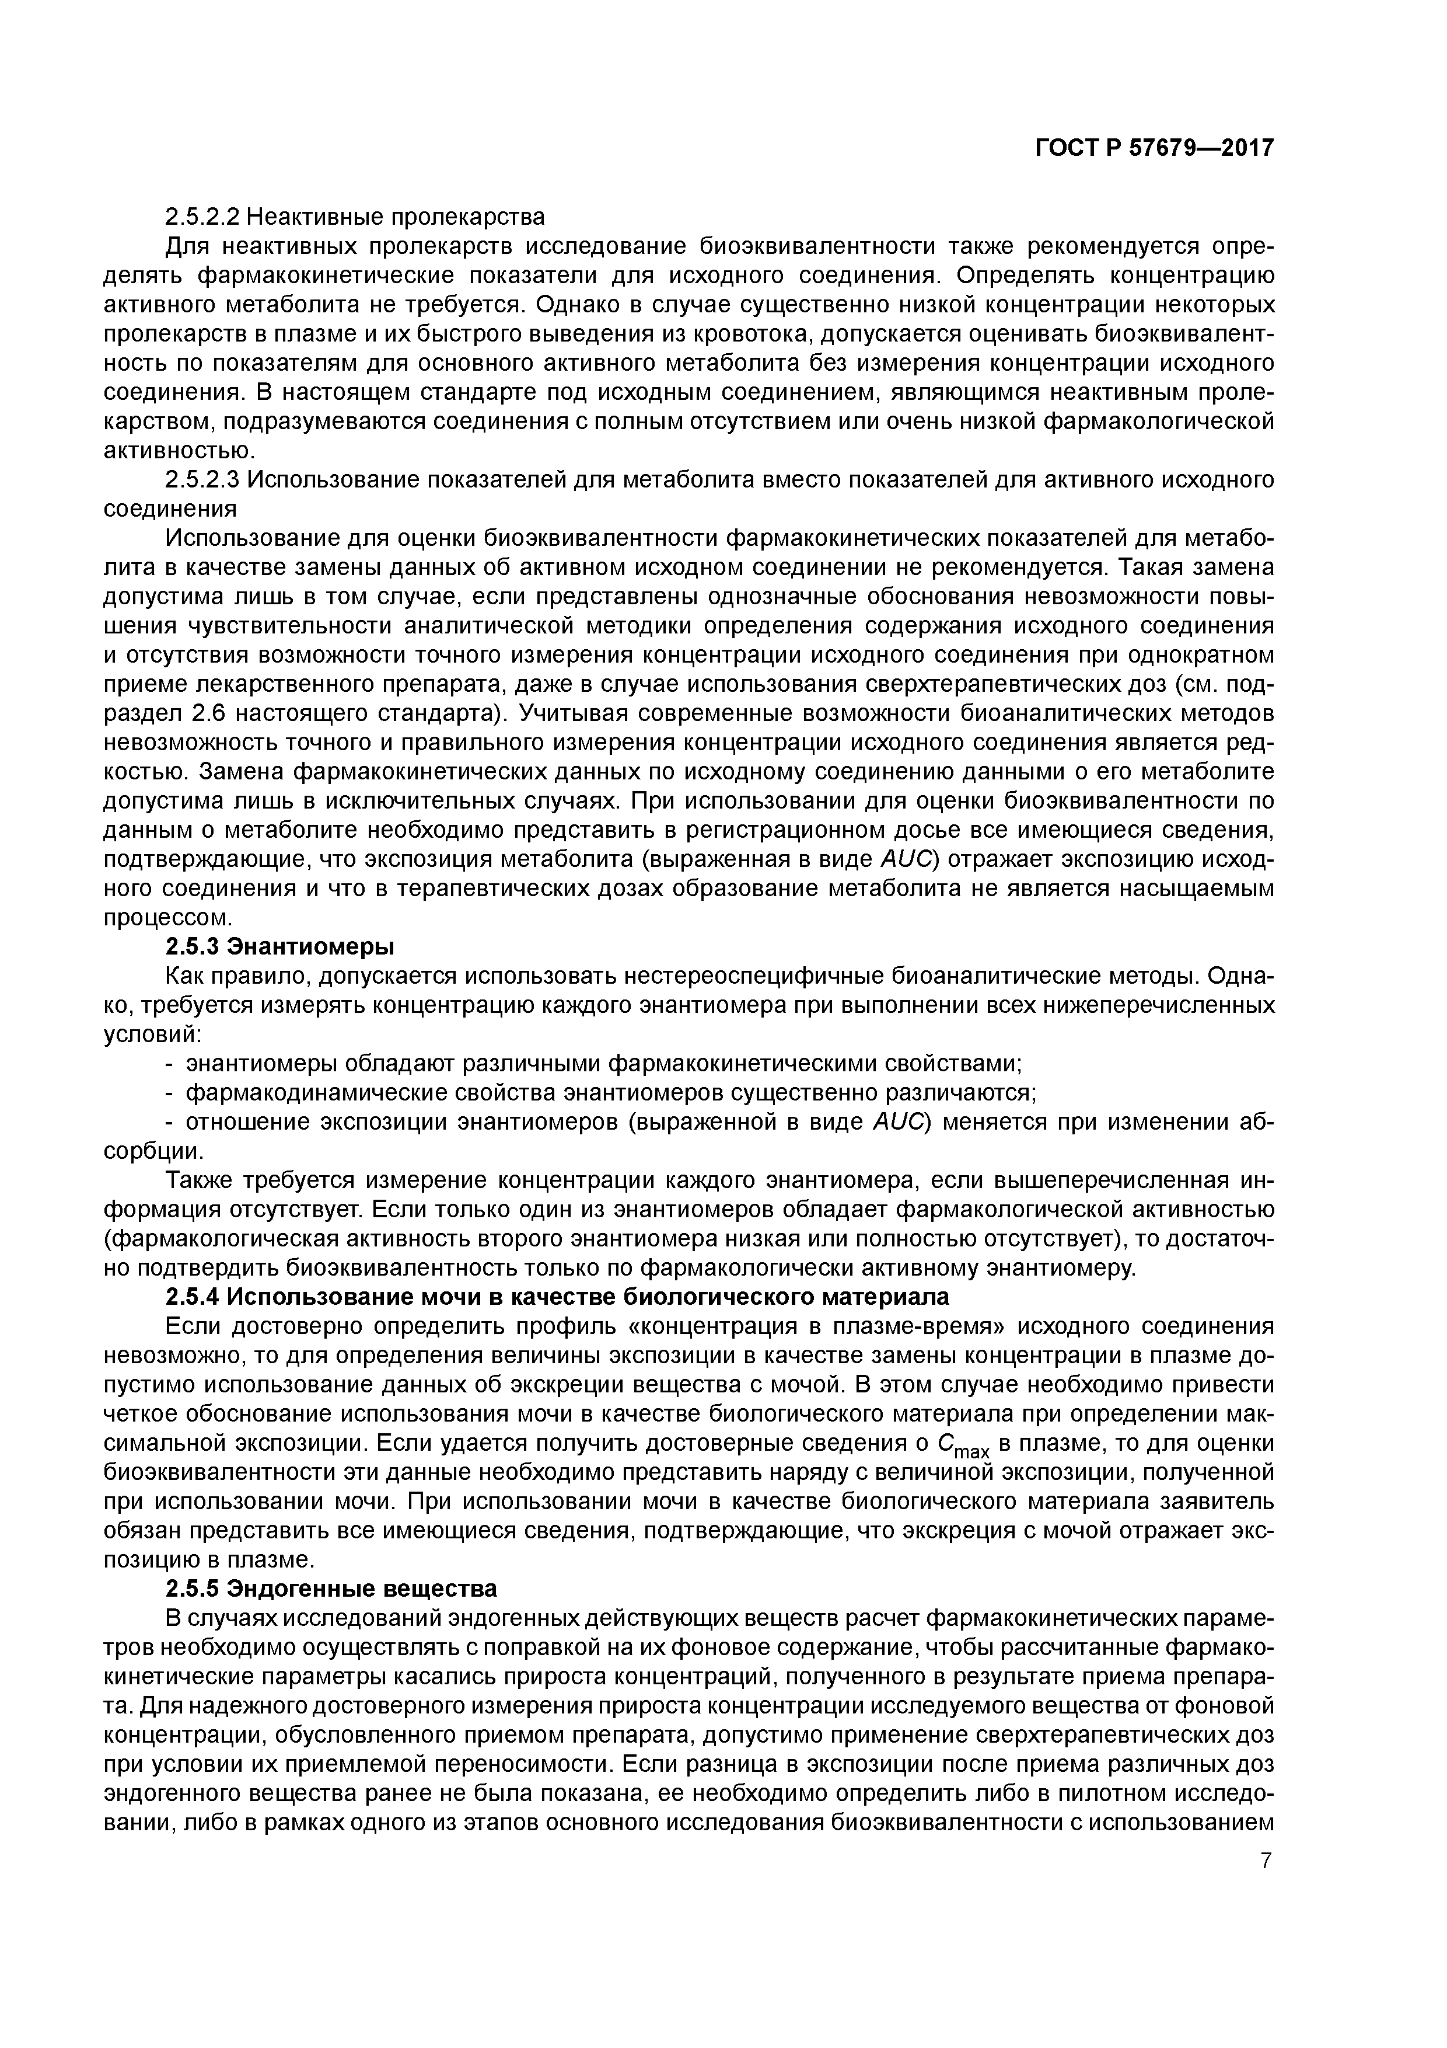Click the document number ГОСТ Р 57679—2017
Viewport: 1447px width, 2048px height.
tap(1154, 148)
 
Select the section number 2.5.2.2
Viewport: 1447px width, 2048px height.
tap(203, 217)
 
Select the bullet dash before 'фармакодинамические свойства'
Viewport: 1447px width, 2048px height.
tap(170, 1093)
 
